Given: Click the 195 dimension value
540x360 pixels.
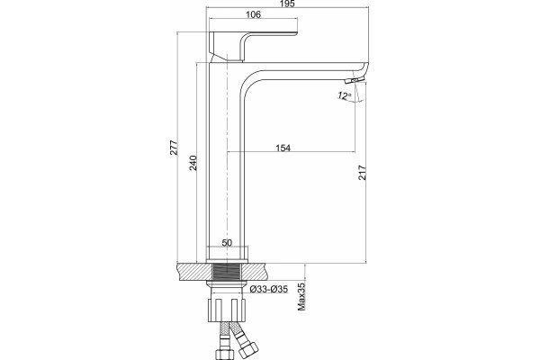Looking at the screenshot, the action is click(x=288, y=4).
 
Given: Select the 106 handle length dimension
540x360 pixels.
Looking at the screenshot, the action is click(x=254, y=14).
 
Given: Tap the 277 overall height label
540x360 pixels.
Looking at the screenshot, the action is click(x=174, y=148).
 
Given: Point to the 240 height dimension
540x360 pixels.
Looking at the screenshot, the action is click(x=193, y=163).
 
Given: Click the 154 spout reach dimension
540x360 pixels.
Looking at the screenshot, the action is click(x=283, y=148).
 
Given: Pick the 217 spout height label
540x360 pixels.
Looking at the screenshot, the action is click(x=363, y=173).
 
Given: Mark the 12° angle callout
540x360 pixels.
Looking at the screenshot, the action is click(x=345, y=95).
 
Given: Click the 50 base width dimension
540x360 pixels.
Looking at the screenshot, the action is click(x=227, y=242).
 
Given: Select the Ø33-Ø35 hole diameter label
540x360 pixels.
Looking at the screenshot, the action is click(x=268, y=289).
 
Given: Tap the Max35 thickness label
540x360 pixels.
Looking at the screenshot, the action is click(x=301, y=297).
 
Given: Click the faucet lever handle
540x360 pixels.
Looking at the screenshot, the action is click(x=253, y=47).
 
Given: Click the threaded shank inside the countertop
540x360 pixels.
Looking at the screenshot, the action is click(x=226, y=272).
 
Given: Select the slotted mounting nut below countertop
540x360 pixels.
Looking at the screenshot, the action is click(x=227, y=310).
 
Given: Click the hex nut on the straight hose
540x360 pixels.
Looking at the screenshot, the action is click(x=221, y=354).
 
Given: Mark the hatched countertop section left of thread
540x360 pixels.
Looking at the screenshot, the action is click(x=193, y=272).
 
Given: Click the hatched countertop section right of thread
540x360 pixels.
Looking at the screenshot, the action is click(x=254, y=272).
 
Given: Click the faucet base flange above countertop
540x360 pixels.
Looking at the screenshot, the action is click(x=227, y=261).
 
